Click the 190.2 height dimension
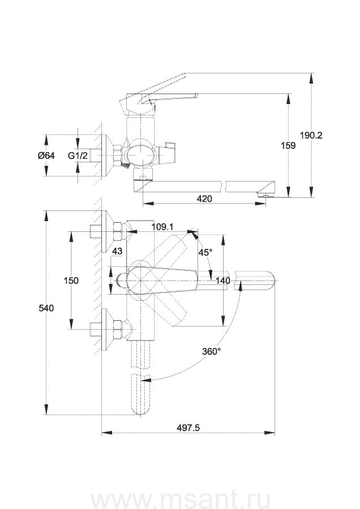[x=311, y=135]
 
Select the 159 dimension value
[x=288, y=145]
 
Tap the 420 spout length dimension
[x=204, y=199]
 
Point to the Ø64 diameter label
[x=46, y=156]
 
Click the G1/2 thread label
[x=78, y=156]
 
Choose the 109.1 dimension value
[x=162, y=227]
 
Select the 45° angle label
[x=205, y=252]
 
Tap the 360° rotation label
[x=211, y=351]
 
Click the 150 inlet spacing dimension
[x=71, y=280]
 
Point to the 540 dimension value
[x=46, y=308]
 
